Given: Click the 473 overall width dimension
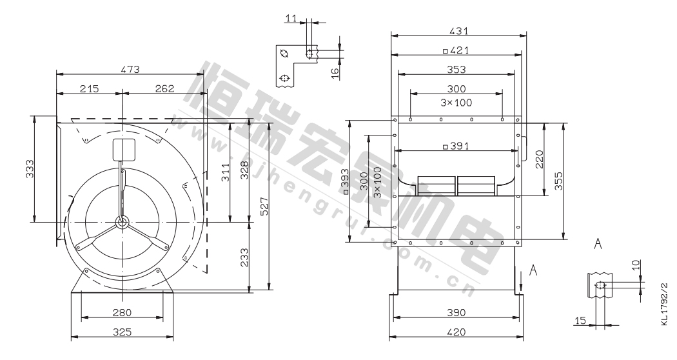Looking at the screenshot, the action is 130,69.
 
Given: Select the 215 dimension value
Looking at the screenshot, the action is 90,88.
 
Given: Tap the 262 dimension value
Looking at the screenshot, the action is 164,88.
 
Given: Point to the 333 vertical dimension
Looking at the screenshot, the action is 30,170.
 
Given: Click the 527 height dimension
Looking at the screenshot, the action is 264,206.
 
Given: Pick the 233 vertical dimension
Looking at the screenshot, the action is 244,257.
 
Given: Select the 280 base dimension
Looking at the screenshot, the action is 122,312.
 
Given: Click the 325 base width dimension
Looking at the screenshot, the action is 122,332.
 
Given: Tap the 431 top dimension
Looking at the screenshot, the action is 458,31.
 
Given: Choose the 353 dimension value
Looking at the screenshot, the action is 456,69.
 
